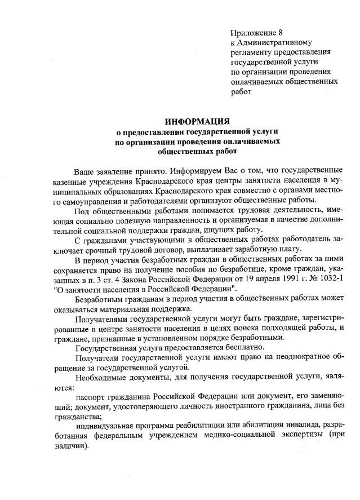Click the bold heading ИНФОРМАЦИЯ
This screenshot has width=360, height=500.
(197, 121)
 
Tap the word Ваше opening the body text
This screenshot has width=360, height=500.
(85, 170)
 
